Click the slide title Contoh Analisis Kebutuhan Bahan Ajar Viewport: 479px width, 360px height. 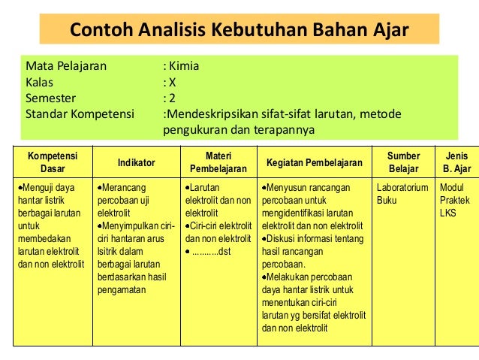click(x=239, y=31)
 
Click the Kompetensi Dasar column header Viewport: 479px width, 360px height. click(x=52, y=162)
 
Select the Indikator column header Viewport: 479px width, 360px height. click(x=137, y=162)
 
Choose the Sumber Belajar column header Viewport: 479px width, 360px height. click(x=403, y=162)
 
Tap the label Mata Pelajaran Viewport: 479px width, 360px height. click(x=66, y=65)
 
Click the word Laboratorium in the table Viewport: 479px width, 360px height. click(x=402, y=186)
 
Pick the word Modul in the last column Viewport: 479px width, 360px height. click(x=452, y=186)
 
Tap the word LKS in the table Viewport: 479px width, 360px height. click(x=447, y=213)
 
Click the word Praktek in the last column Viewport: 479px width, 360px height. click(x=454, y=200)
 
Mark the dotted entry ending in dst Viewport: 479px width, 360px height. click(x=210, y=251)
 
